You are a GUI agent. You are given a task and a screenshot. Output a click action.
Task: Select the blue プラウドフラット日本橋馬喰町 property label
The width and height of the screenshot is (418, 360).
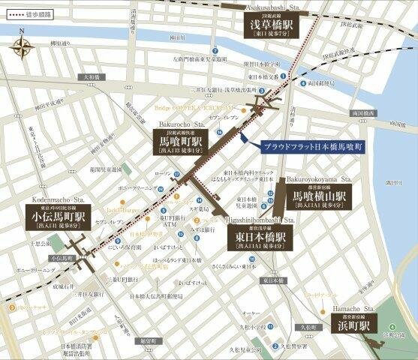tap(308, 148)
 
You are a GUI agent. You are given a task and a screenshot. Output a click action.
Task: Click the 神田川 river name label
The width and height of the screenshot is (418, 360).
tap(197, 36)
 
